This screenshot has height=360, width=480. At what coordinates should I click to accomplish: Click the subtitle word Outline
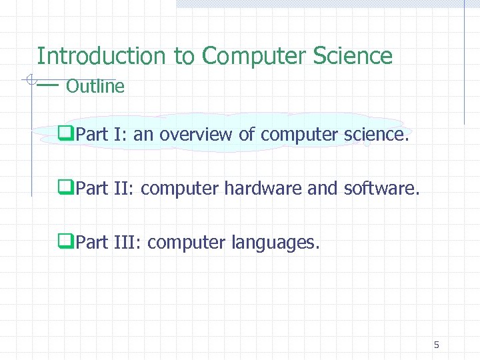click(x=95, y=87)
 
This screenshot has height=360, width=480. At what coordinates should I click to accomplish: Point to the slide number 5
click(x=436, y=345)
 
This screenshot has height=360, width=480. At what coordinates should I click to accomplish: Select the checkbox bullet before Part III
click(x=66, y=243)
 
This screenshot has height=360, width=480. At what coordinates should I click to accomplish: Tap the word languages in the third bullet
click(x=275, y=243)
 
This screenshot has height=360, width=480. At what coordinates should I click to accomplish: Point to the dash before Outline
click(x=48, y=85)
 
